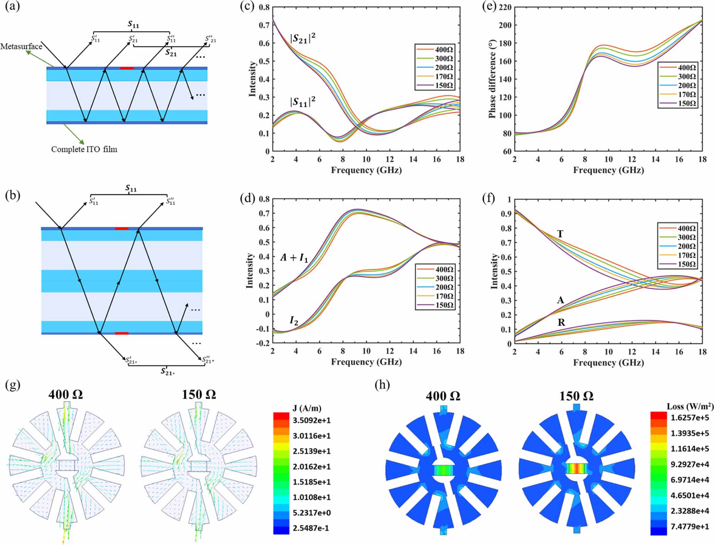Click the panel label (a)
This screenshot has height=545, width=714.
(x=12, y=7)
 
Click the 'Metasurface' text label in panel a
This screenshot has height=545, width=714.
(x=21, y=47)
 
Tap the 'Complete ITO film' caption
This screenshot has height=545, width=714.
(x=84, y=149)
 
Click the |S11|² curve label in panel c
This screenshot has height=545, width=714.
(x=302, y=102)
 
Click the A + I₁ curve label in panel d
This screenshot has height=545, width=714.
(x=294, y=257)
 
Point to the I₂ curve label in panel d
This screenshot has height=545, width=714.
(x=294, y=320)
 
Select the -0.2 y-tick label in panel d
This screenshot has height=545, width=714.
(x=263, y=343)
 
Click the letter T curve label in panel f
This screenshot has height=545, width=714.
(x=560, y=234)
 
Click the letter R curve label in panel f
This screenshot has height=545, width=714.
(x=561, y=322)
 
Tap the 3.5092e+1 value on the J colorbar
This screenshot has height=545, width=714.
(x=311, y=420)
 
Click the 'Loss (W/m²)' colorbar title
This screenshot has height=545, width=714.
(x=690, y=406)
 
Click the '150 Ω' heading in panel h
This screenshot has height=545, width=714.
(x=576, y=396)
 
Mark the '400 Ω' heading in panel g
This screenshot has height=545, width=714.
(x=66, y=394)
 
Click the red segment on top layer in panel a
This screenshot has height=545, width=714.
(x=127, y=68)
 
